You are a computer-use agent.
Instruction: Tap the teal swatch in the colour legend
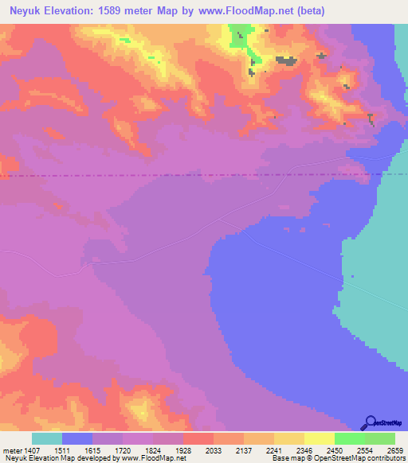coord(47,438)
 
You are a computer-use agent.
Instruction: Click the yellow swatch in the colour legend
coord(320,438)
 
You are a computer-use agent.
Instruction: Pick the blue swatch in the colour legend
coord(77,438)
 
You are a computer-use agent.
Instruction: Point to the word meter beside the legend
coord(10,450)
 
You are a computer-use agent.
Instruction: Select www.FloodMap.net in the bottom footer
coord(151,458)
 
